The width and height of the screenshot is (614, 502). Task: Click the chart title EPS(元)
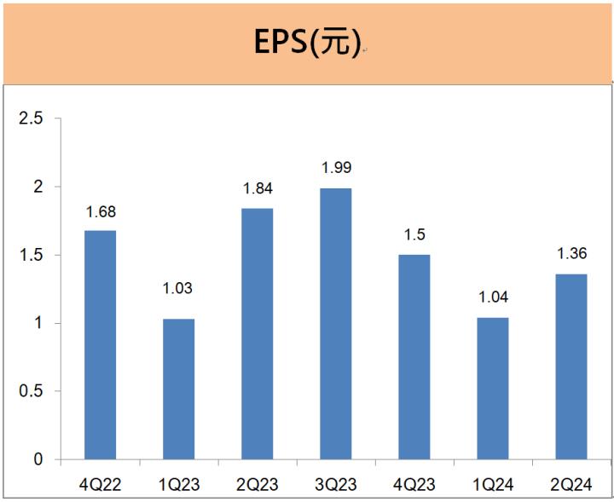click(307, 43)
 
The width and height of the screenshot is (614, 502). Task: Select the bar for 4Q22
click(100, 345)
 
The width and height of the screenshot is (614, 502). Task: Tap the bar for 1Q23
click(178, 389)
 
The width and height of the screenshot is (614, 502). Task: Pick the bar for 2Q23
click(257, 334)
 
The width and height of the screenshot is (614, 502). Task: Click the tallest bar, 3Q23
click(335, 324)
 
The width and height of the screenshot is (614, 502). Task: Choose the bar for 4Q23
click(414, 357)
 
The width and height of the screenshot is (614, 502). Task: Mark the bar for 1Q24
click(493, 389)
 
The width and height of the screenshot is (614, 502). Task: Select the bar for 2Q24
click(571, 366)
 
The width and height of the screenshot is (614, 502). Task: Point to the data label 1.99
click(336, 168)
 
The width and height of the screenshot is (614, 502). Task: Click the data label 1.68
click(101, 211)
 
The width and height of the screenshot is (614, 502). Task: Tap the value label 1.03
click(178, 288)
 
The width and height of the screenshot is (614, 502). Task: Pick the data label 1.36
click(571, 253)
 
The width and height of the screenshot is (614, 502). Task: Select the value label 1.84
click(258, 188)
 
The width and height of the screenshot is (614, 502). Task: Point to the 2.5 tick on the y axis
click(32, 118)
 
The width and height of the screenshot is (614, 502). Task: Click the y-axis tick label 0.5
click(32, 391)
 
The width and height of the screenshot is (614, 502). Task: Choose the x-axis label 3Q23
click(335, 485)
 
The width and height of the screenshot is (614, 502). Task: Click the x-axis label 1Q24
click(493, 485)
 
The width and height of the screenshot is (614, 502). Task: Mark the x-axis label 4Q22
click(100, 485)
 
